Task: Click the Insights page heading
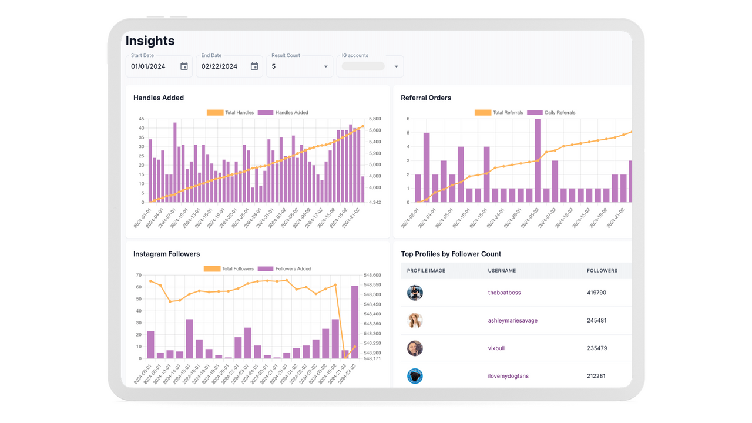(x=150, y=41)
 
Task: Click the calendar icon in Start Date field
(x=184, y=66)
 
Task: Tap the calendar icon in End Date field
(x=254, y=66)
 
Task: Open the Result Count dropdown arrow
(x=326, y=66)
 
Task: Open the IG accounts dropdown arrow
(x=396, y=66)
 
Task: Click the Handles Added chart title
(x=159, y=98)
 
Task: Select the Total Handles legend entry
(x=230, y=112)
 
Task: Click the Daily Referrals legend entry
(x=551, y=112)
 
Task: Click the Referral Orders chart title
(x=426, y=98)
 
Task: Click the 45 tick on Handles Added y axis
(x=141, y=119)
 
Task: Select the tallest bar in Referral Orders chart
(x=538, y=160)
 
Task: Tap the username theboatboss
(x=504, y=293)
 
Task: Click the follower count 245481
(x=597, y=320)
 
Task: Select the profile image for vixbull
(x=415, y=348)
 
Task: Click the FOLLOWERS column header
(x=602, y=271)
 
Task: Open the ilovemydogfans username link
(x=508, y=376)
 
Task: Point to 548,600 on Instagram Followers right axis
(x=372, y=275)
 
